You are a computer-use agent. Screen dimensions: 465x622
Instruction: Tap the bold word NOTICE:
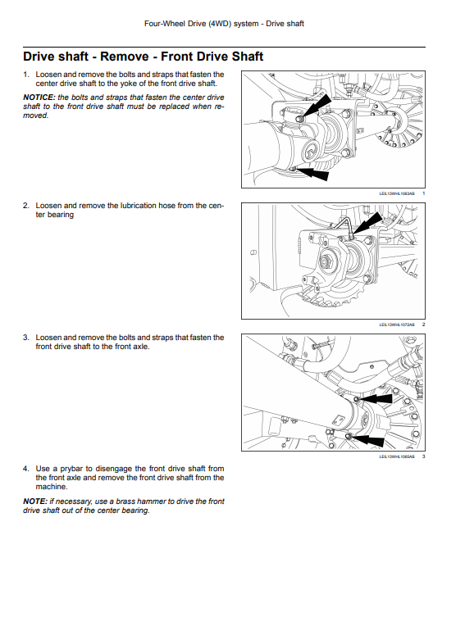[x=39, y=98]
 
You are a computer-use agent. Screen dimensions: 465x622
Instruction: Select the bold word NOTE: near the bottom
[x=35, y=502]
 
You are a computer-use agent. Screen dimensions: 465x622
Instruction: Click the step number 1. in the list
[x=26, y=75]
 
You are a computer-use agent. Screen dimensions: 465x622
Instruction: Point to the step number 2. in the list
[x=26, y=206]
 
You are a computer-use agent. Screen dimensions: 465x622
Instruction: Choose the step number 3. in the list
[x=26, y=338]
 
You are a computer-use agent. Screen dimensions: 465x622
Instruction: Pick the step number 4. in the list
[x=26, y=469]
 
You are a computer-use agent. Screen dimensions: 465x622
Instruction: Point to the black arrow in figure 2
[x=367, y=224]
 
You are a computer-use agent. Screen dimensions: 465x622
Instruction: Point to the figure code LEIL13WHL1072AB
[x=397, y=325]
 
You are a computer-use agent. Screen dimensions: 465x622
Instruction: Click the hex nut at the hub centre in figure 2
[x=327, y=262]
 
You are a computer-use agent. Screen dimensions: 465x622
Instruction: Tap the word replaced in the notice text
[x=175, y=107]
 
